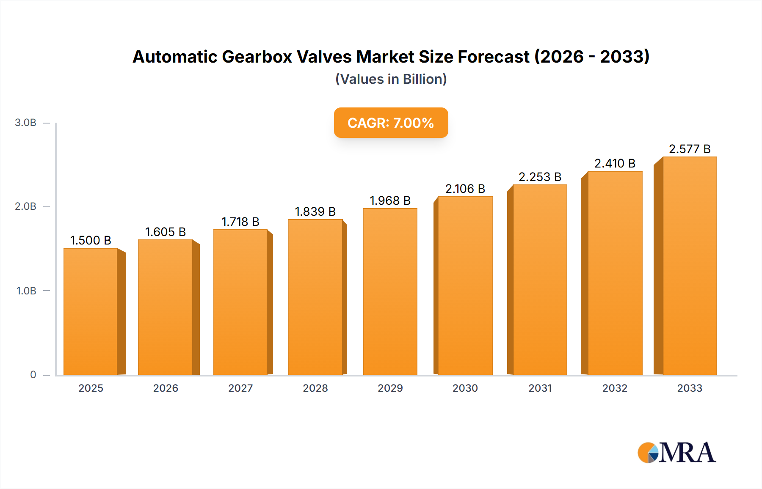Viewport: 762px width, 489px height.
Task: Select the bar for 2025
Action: [91, 311]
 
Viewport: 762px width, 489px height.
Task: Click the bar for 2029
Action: [390, 292]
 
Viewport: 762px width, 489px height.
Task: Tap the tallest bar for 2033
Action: [689, 266]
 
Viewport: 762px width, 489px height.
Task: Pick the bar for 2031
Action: [540, 280]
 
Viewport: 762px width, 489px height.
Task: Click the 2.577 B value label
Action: [689, 149]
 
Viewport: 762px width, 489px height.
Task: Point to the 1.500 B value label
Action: [91, 240]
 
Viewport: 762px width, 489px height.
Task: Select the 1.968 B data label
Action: [390, 201]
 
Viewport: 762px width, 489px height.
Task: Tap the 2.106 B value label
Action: [465, 189]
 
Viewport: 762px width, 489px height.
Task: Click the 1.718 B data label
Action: [240, 222]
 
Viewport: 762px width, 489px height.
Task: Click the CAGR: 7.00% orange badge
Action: [391, 123]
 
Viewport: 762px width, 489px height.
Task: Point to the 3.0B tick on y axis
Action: [25, 123]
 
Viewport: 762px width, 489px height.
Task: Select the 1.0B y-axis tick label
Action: [26, 291]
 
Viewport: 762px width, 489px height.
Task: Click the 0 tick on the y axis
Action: [33, 375]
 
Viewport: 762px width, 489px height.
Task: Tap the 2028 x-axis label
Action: [315, 388]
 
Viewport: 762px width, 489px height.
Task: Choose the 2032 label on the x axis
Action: [615, 388]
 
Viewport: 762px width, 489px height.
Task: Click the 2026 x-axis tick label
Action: [166, 388]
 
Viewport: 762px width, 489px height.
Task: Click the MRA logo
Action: [676, 453]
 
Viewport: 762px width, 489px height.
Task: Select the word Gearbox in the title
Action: [257, 57]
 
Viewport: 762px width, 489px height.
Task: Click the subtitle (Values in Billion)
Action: [391, 79]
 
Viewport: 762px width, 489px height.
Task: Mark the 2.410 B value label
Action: [615, 163]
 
